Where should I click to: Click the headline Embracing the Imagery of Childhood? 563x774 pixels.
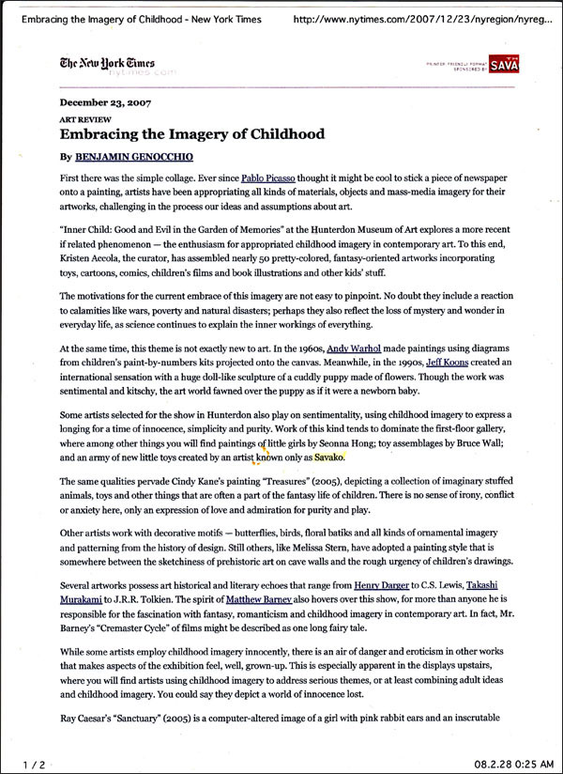191,134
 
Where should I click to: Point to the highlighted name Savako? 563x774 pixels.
329,458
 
